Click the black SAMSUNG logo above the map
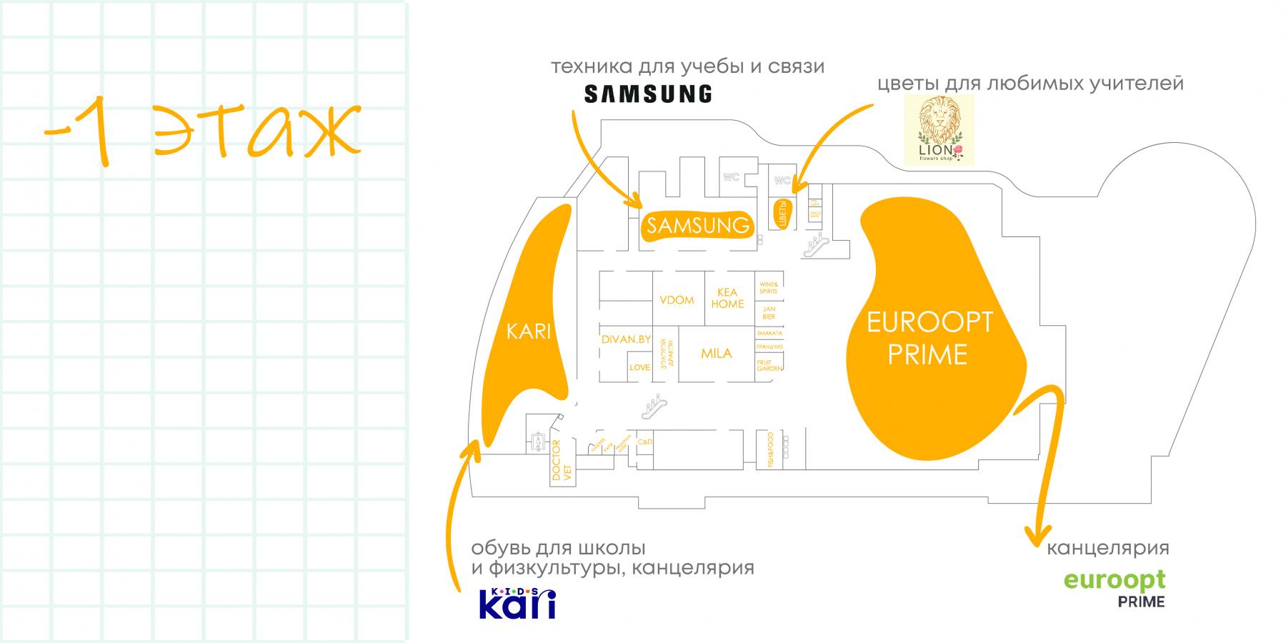click(x=648, y=94)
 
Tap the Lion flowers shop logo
click(x=939, y=131)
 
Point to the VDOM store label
click(x=677, y=300)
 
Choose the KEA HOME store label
click(x=727, y=298)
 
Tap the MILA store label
click(x=716, y=353)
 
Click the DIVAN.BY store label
click(x=626, y=339)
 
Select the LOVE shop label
click(x=639, y=367)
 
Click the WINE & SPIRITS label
click(x=769, y=287)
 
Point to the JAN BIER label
click(x=769, y=312)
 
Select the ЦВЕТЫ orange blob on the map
click(x=782, y=213)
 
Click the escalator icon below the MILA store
click(x=654, y=407)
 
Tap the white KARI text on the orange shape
click(x=529, y=332)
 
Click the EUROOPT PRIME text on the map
click(x=929, y=338)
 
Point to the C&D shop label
click(x=644, y=443)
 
